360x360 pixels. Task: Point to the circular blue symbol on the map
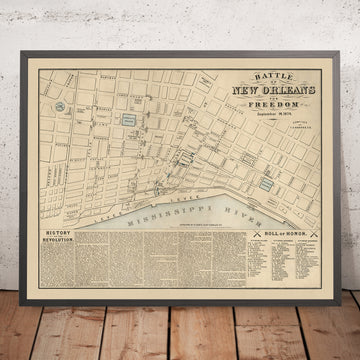[60, 105]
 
